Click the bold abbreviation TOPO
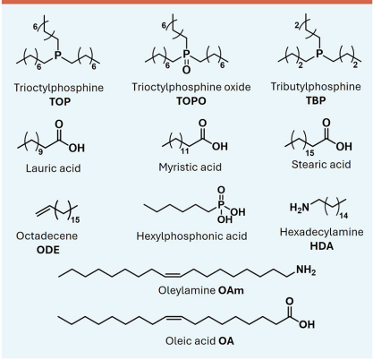(x=191, y=101)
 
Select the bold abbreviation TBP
(x=316, y=100)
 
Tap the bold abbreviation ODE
(x=48, y=250)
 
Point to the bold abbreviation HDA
(x=322, y=246)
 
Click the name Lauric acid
(x=54, y=168)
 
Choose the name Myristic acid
(x=191, y=167)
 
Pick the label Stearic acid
(x=321, y=164)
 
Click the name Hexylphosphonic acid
(x=191, y=236)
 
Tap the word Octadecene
(x=47, y=236)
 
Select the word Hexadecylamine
(x=322, y=232)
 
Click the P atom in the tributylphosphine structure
(x=319, y=54)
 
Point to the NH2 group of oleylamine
(x=306, y=270)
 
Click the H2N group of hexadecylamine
(x=300, y=207)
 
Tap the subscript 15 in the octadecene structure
(x=75, y=220)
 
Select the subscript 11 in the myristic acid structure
(x=185, y=151)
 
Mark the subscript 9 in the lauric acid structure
(x=40, y=152)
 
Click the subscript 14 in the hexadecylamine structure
(x=343, y=216)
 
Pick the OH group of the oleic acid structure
(x=307, y=324)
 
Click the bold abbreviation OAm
(x=231, y=290)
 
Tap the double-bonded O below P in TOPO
(x=186, y=70)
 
